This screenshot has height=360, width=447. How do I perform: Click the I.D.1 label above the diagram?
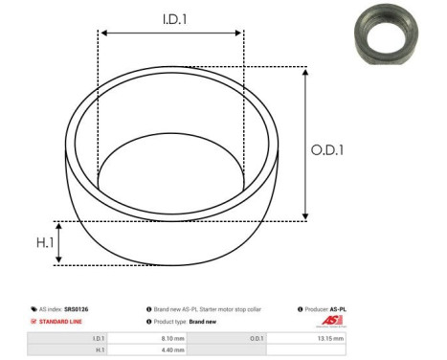[171, 17]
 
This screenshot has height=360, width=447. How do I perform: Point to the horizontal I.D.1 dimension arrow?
[170, 34]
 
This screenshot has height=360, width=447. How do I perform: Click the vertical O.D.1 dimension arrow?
[304, 144]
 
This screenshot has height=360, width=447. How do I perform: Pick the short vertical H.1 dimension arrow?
[60, 243]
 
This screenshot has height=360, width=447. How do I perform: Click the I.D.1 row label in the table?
[98, 338]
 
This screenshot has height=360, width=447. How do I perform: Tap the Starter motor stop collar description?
[220, 309]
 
